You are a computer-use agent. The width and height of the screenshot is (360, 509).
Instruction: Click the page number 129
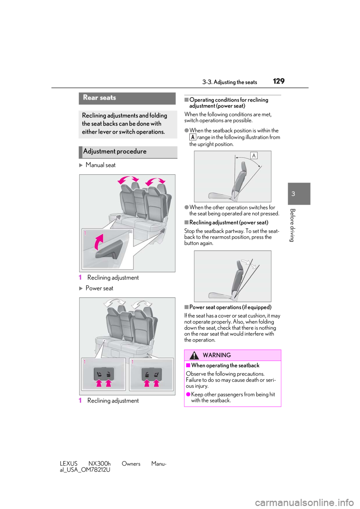(x=279, y=81)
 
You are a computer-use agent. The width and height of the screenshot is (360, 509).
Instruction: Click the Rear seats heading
(x=99, y=97)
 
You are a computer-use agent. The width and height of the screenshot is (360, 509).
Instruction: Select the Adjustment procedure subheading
(x=115, y=151)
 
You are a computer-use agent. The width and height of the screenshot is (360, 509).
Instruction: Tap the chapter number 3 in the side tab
(x=293, y=194)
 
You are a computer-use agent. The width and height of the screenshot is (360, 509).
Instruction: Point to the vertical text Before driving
(x=293, y=225)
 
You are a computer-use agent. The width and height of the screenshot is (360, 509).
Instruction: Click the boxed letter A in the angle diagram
(x=254, y=156)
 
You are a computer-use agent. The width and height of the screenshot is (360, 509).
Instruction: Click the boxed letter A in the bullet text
(x=193, y=137)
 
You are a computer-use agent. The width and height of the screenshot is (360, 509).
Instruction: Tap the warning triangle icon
(x=194, y=355)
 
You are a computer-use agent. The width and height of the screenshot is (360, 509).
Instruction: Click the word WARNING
(x=217, y=355)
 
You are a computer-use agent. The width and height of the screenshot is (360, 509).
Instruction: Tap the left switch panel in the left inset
(x=104, y=374)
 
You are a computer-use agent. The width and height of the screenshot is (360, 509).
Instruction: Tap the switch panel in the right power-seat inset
(x=151, y=374)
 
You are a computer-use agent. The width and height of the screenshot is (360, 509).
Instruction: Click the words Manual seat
(x=100, y=165)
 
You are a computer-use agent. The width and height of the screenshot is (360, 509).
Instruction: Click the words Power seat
(x=99, y=288)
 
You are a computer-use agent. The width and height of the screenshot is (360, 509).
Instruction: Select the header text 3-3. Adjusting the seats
(x=229, y=82)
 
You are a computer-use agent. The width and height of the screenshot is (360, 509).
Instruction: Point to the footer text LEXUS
(x=68, y=464)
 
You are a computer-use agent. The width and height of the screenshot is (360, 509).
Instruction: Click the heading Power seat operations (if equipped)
(x=230, y=307)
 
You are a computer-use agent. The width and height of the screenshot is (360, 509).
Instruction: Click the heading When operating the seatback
(x=225, y=365)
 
